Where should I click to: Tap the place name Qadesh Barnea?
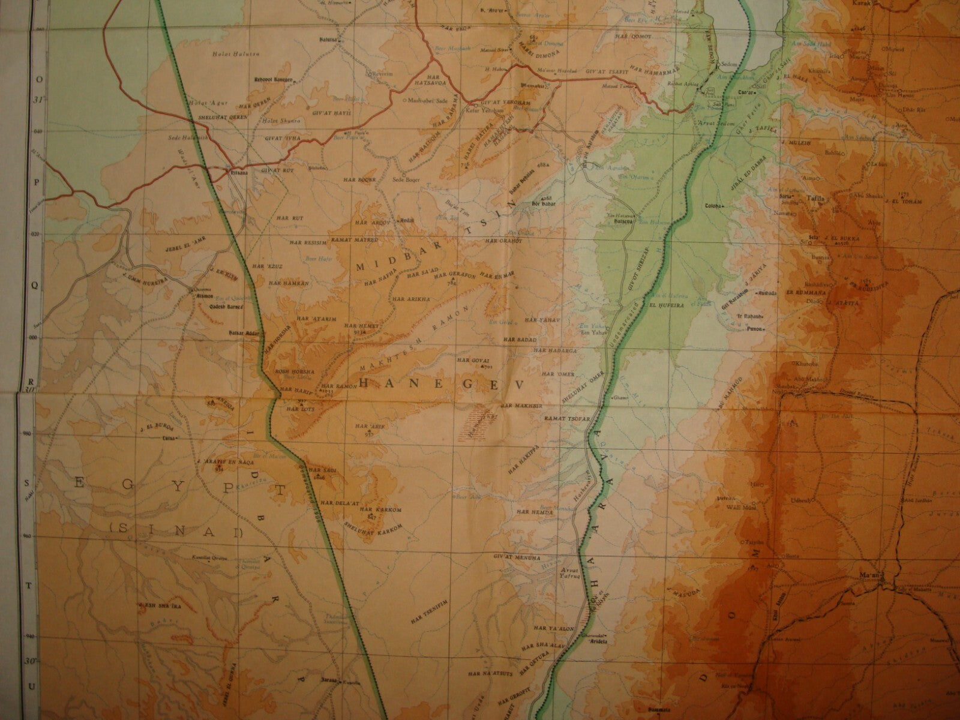click(x=209, y=304)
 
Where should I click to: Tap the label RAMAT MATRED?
click(x=360, y=240)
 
